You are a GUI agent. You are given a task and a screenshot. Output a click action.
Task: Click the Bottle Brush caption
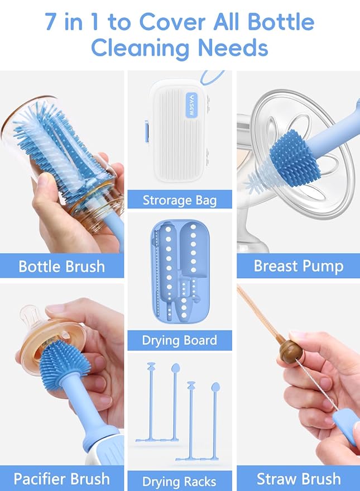coord(61,265)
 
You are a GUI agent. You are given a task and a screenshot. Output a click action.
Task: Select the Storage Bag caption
coord(179,199)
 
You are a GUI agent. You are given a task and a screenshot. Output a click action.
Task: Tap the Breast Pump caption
coord(298,265)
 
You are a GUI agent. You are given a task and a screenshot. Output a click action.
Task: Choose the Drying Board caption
coord(179,340)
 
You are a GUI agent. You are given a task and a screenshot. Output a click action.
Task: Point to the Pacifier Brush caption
coord(61,479)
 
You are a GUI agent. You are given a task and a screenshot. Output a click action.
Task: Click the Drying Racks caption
coord(179,481)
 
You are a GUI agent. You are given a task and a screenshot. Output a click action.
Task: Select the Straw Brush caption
coord(298,479)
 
